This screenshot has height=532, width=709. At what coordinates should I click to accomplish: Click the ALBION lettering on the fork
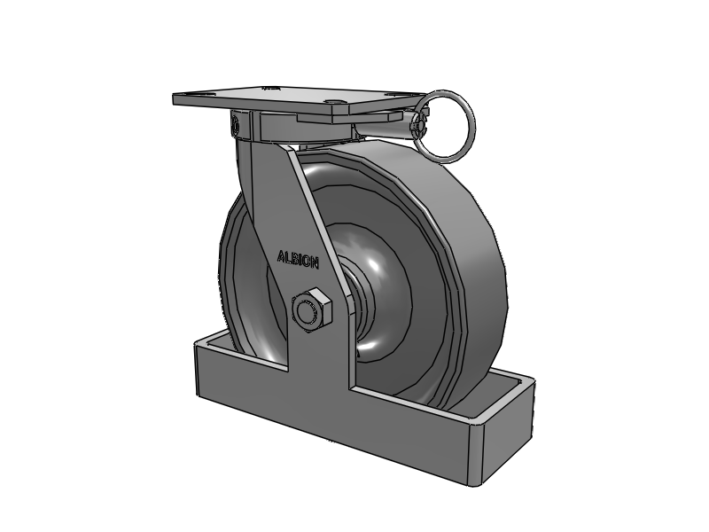tap(298, 260)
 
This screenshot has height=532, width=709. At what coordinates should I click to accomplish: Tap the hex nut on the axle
tap(312, 310)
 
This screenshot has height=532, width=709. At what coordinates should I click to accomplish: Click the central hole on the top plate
tap(335, 102)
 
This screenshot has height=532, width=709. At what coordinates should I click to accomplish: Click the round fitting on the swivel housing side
tap(235, 124)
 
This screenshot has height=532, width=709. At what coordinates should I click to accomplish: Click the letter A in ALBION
tap(281, 257)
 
